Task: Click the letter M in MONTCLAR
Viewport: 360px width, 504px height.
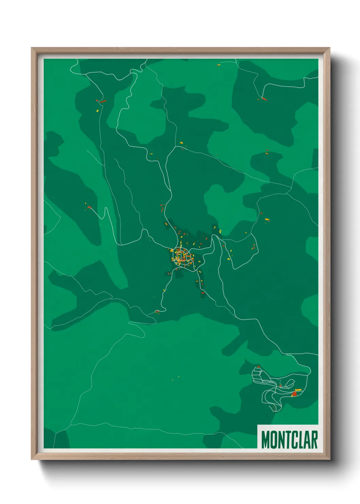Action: point(266,440)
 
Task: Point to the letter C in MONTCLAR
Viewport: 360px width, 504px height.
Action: point(296,440)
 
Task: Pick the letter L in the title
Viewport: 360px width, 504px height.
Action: point(303,440)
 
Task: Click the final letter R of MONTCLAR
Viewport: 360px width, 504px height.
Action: point(314,440)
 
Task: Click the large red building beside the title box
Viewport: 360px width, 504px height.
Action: point(294,394)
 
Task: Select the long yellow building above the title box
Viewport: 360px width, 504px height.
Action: point(298,390)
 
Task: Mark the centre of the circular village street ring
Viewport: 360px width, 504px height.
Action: point(181,255)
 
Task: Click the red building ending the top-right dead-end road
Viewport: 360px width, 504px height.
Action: point(264,99)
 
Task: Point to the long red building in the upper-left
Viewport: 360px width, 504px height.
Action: point(102,101)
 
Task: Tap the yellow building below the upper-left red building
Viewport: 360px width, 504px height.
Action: point(97,111)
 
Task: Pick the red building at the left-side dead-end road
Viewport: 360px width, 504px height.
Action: point(89,207)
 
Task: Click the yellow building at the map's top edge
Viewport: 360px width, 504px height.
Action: point(218,64)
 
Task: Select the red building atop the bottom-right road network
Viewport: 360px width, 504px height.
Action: point(259,367)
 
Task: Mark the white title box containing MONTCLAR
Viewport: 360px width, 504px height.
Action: point(288,437)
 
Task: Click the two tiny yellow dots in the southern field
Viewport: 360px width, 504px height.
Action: point(176,378)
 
